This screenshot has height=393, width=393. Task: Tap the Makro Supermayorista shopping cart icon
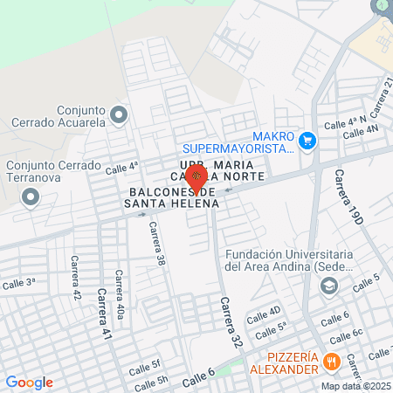click(307, 141)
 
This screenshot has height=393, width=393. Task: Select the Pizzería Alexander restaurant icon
click(331, 361)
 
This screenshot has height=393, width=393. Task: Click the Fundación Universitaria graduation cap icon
click(328, 285)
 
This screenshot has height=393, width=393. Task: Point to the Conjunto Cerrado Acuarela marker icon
click(120, 114)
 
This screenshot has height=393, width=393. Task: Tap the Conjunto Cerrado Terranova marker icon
click(31, 196)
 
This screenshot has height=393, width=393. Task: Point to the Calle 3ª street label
click(18, 283)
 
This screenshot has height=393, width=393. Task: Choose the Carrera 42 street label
click(76, 278)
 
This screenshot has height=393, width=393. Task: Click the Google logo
click(29, 382)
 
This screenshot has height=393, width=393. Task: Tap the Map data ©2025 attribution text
click(355, 386)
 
